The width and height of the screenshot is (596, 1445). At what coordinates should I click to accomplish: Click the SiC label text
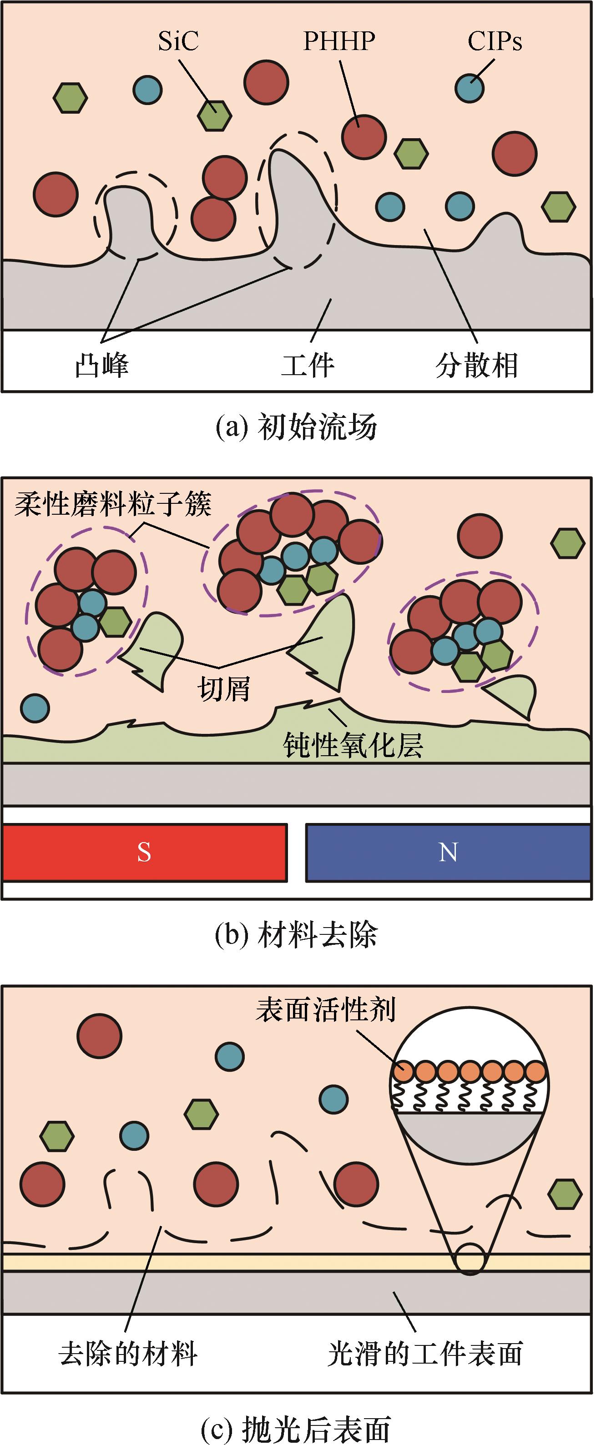(178, 41)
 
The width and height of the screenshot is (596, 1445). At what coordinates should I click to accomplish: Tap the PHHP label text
(339, 41)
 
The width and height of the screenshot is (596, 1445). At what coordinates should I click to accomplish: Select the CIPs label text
(495, 41)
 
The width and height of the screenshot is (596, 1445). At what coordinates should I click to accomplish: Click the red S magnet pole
(145, 852)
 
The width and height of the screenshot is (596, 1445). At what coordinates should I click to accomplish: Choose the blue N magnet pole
(448, 852)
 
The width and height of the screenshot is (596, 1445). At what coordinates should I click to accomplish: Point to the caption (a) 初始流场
(296, 427)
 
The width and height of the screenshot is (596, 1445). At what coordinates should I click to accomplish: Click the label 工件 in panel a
(308, 365)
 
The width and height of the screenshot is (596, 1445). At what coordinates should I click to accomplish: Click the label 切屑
(223, 688)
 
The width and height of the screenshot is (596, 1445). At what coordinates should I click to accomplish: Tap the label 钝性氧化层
(353, 745)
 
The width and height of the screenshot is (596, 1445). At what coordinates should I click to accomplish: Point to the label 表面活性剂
(325, 1010)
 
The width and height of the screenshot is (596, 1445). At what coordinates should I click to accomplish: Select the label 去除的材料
(128, 1354)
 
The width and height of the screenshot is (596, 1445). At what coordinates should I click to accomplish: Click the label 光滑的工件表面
(425, 1354)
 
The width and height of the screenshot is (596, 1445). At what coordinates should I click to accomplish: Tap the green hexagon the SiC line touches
(214, 115)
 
